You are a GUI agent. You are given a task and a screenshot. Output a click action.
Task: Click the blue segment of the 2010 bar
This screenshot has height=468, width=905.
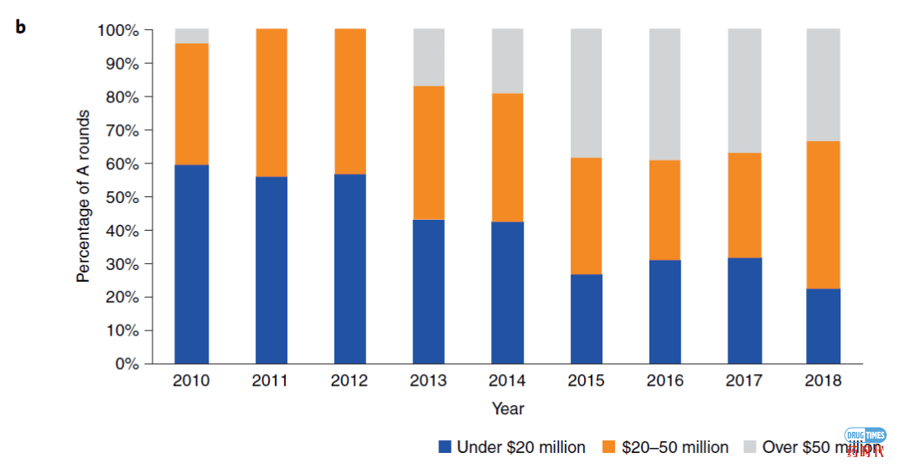click(x=192, y=264)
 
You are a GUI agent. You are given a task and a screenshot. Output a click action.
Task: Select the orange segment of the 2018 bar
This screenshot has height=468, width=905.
click(x=822, y=215)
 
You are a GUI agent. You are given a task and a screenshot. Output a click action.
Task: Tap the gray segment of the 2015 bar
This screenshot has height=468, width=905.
click(x=586, y=93)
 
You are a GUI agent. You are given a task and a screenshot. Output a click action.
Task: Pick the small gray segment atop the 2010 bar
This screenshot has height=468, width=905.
click(x=192, y=36)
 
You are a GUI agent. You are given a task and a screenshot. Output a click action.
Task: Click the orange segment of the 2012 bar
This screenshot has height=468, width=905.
click(x=349, y=101)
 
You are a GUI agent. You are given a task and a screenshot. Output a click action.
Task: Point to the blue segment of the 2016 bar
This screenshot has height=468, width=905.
click(x=665, y=312)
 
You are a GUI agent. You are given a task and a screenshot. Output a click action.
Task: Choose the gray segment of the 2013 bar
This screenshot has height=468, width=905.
click(x=428, y=58)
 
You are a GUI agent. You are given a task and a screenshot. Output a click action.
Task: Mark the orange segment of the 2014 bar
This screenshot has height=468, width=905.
click(x=507, y=158)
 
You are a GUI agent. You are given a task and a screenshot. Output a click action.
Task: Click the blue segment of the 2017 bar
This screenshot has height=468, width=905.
click(x=743, y=310)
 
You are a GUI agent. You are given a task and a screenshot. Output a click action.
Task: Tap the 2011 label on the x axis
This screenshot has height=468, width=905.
click(x=270, y=381)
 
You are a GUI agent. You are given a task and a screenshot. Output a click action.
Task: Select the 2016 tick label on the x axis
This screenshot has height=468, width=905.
click(x=665, y=381)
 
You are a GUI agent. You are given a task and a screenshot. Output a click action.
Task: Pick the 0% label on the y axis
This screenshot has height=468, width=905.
click(x=127, y=364)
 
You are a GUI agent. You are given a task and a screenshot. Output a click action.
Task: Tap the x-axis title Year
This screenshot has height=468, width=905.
click(x=508, y=408)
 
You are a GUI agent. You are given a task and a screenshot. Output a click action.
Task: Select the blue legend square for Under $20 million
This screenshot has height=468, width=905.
click(x=445, y=447)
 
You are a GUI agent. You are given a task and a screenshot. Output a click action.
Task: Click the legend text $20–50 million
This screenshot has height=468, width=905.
click(x=675, y=447)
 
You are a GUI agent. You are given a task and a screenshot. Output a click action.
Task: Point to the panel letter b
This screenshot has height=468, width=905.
click(x=20, y=27)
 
